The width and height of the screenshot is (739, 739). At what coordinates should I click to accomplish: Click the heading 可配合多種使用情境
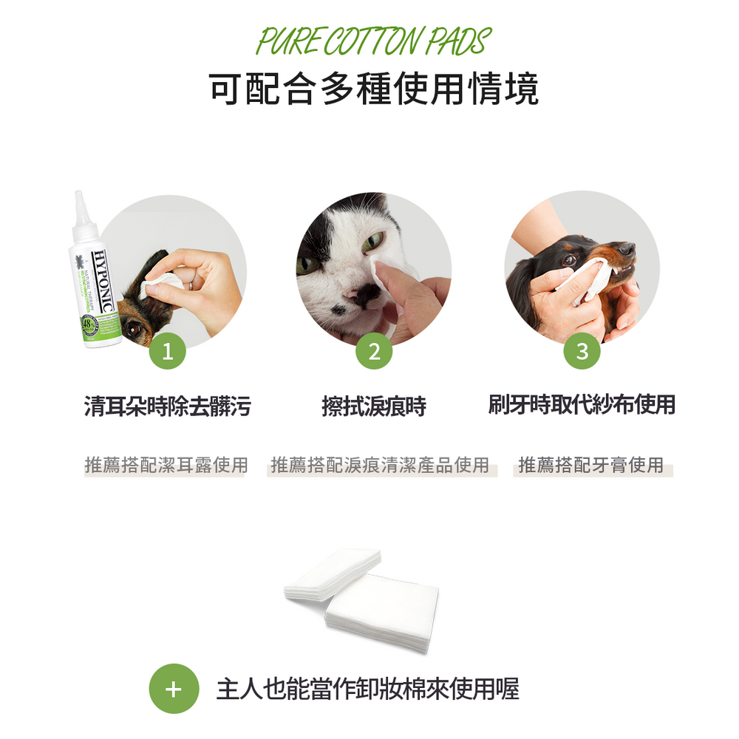click(x=373, y=89)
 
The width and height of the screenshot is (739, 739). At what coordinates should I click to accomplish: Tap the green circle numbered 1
click(x=168, y=352)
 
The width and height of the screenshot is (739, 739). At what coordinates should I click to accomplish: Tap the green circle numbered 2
click(x=374, y=352)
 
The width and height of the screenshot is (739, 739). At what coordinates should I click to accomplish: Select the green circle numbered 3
click(x=582, y=352)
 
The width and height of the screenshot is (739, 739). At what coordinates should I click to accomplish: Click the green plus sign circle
click(x=174, y=689)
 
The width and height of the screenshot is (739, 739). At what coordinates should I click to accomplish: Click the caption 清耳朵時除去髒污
click(x=168, y=406)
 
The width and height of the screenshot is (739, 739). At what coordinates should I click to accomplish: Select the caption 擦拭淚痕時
click(x=374, y=406)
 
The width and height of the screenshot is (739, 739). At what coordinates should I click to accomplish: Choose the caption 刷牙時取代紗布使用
click(x=582, y=405)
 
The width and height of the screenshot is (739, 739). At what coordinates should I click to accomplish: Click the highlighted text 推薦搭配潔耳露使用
click(x=166, y=466)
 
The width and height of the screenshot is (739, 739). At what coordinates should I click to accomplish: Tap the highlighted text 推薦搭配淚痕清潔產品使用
click(x=381, y=466)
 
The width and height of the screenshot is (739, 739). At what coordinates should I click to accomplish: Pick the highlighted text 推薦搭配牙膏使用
click(x=591, y=466)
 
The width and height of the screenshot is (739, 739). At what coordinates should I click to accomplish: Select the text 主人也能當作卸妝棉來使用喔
click(x=367, y=689)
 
